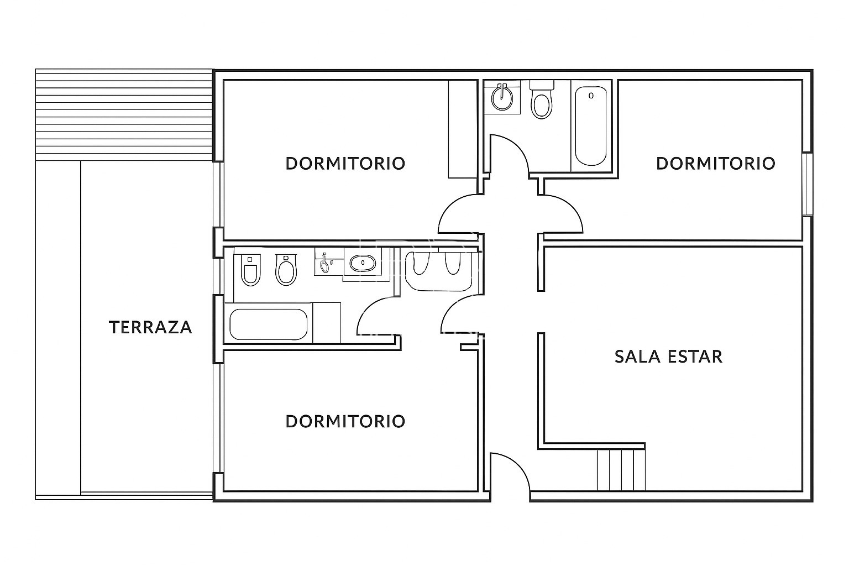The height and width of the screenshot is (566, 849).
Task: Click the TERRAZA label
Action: point(150,327)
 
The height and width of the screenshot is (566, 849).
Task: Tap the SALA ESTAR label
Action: point(669,357)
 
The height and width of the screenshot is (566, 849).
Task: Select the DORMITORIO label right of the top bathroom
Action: point(716,164)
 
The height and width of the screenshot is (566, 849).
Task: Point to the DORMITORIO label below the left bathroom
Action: point(345,422)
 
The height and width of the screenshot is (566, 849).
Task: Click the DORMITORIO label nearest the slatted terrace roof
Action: point(345,164)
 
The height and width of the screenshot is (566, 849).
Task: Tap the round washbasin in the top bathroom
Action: point(502,98)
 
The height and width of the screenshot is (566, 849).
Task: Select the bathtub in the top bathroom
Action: point(590,126)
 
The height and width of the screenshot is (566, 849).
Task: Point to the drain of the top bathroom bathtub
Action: point(591,96)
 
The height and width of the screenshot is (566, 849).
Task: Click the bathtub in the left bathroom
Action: point(269,324)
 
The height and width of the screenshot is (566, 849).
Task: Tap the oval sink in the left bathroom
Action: point(363,263)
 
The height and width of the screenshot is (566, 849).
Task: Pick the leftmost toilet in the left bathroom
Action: point(250,270)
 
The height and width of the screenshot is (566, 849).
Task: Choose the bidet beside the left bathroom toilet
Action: point(286,270)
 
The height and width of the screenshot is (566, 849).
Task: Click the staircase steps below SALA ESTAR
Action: point(621,470)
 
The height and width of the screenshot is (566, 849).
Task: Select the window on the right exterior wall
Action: point(807,184)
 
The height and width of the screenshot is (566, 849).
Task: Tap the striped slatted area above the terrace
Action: point(124,115)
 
